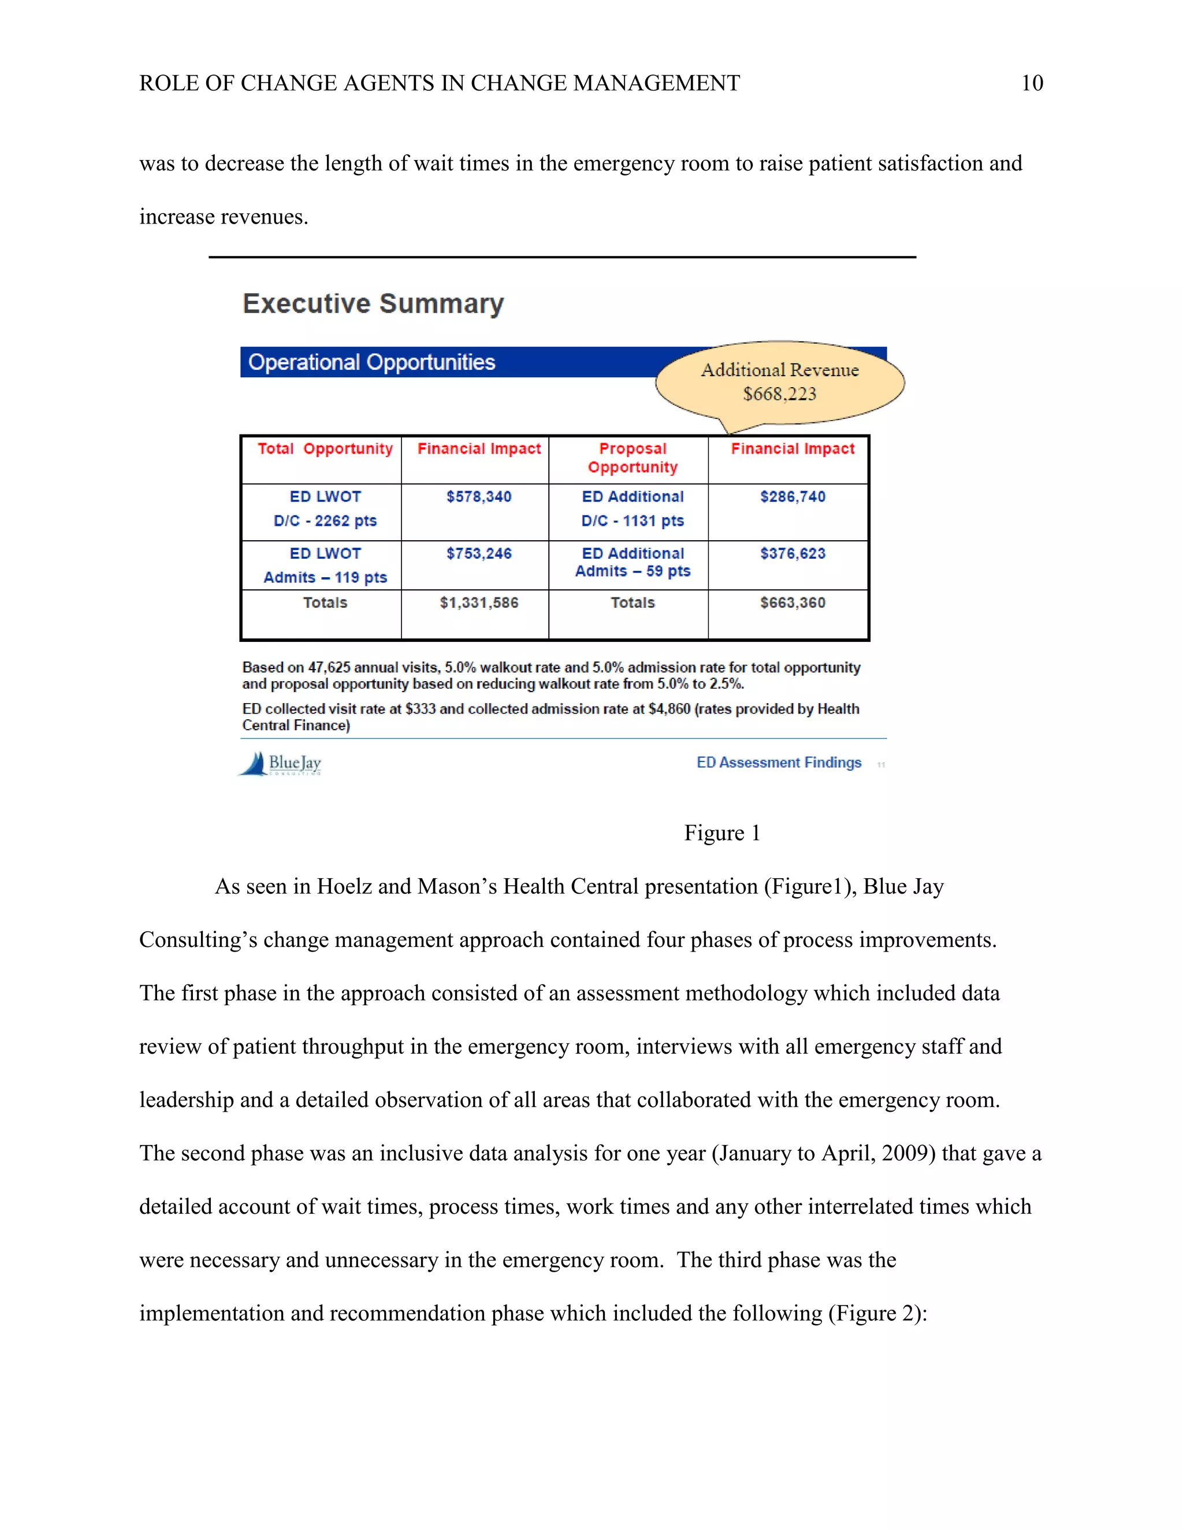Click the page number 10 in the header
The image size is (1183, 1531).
point(1032,83)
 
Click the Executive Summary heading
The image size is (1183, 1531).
point(373,303)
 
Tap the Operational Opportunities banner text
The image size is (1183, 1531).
point(371,362)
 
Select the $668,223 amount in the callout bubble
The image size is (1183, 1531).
point(779,394)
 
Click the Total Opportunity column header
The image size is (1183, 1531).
point(325,449)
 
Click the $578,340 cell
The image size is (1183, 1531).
point(479,497)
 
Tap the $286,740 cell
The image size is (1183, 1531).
point(793,497)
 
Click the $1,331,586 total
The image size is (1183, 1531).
point(479,603)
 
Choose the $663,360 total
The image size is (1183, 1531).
point(793,603)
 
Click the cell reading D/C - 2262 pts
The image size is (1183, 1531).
point(325,521)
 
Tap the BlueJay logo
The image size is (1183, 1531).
point(280,763)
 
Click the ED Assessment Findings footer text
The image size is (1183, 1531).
point(778,763)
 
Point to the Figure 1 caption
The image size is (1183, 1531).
point(722,833)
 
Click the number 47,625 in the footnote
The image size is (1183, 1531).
point(329,667)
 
